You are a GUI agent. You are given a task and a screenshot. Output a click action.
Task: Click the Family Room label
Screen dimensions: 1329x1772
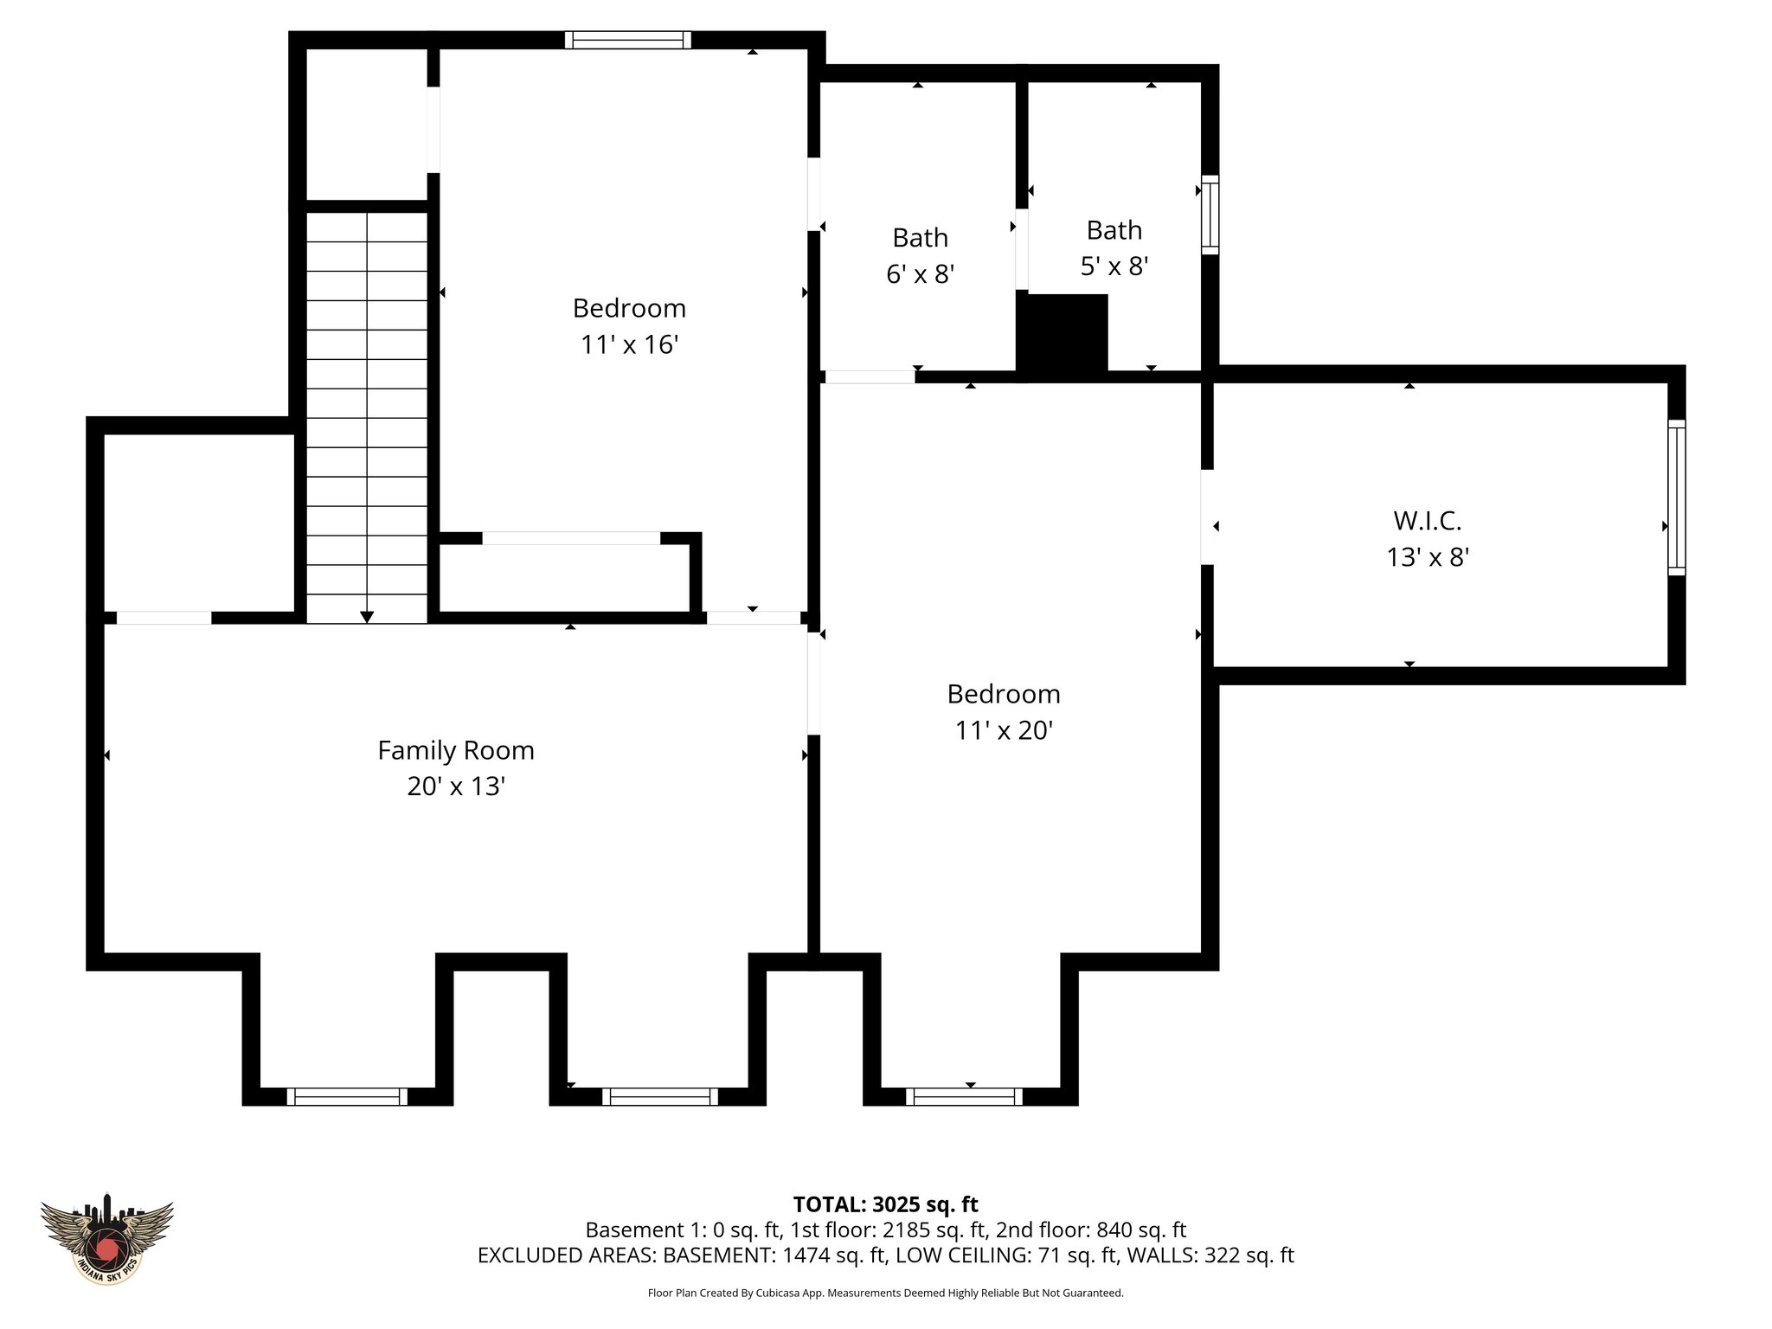tap(456, 750)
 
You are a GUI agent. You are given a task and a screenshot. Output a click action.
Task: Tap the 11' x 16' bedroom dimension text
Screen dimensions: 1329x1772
tap(629, 345)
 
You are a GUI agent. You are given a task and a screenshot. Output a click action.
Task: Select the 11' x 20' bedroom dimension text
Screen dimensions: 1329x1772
tap(1004, 731)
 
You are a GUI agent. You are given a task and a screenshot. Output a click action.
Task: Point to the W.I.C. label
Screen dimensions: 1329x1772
tap(1427, 521)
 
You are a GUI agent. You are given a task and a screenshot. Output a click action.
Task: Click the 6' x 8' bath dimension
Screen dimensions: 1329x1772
tap(920, 274)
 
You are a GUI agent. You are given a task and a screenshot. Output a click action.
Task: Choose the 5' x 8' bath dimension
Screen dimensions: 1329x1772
tap(1114, 266)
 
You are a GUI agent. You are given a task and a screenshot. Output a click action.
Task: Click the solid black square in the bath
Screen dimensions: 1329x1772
tap(1063, 333)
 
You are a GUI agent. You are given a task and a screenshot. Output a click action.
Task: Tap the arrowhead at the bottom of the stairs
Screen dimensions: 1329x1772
tap(367, 616)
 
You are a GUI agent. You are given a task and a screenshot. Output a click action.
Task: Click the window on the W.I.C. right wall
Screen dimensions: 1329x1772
tap(1676, 498)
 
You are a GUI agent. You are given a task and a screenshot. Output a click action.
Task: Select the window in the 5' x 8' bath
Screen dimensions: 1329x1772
tap(1210, 215)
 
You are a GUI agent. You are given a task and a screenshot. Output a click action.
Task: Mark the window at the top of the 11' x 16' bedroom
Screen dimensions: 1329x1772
tap(628, 40)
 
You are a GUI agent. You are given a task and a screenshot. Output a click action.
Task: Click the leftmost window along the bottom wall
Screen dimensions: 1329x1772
tap(347, 1096)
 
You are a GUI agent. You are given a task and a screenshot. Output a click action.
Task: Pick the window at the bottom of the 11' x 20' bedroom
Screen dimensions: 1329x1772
tap(964, 1096)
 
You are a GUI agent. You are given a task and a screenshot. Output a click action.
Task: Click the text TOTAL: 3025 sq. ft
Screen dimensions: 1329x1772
tap(885, 1204)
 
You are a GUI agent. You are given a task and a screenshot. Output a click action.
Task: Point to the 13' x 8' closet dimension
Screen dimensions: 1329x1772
tap(1428, 558)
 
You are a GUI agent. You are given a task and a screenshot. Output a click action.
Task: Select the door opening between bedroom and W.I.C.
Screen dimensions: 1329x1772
tap(1207, 517)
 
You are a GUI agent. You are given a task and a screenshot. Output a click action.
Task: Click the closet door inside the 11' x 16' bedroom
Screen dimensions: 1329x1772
tap(571, 538)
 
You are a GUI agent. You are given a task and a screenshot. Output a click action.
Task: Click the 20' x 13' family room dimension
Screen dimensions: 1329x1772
tap(456, 786)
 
